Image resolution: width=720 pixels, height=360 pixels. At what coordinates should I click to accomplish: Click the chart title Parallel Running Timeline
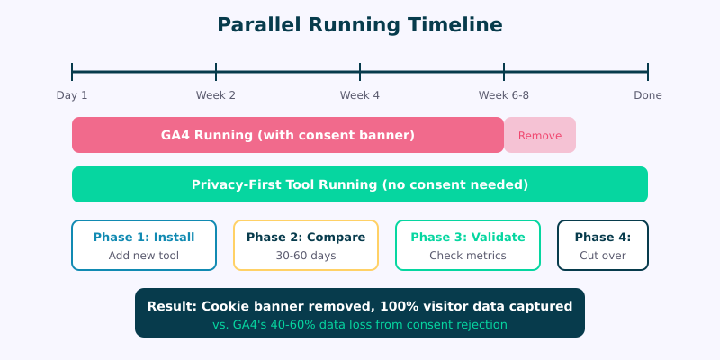360,24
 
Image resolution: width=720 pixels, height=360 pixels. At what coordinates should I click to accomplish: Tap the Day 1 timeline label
72,95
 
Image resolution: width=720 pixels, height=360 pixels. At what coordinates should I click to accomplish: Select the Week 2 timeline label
216,95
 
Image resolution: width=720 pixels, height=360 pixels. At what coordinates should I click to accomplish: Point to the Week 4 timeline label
360,95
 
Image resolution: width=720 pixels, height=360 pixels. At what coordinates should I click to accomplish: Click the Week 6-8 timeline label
504,95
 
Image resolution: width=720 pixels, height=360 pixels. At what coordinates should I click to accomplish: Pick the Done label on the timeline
648,95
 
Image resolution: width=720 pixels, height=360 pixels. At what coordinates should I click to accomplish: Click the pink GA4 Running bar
288,135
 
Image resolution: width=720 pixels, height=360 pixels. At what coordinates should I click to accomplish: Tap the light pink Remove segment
540,136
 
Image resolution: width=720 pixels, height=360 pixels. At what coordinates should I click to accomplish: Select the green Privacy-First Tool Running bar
360,184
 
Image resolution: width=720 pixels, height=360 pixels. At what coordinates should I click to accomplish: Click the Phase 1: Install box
144,245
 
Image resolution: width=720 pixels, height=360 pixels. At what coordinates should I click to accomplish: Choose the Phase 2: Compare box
306,245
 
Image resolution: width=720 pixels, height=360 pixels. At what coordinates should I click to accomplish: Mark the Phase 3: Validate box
468,245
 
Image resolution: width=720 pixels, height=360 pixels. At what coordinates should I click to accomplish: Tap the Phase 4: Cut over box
603,245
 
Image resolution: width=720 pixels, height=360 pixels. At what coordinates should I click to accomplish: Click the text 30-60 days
306,256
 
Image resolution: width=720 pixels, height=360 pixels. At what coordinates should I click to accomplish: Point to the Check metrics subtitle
468,256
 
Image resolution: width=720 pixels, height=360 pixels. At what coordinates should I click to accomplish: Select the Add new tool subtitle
144,256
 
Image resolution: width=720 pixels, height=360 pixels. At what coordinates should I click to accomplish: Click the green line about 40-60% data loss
360,324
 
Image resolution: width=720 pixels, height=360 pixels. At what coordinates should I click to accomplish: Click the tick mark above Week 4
360,72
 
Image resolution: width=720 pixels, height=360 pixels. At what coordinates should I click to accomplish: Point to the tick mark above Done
648,72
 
